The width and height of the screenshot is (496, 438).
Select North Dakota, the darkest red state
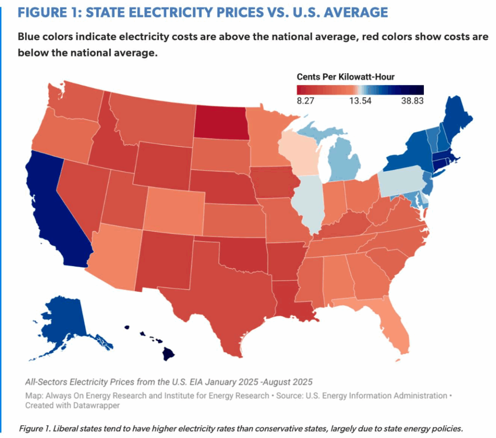(220, 122)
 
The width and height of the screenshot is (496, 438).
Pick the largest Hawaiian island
(169, 354)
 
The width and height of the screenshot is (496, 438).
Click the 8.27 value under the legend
(305, 101)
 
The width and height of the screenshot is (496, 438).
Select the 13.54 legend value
(360, 101)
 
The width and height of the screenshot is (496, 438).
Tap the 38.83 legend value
(413, 101)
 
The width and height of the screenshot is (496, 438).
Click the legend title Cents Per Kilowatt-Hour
(345, 77)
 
